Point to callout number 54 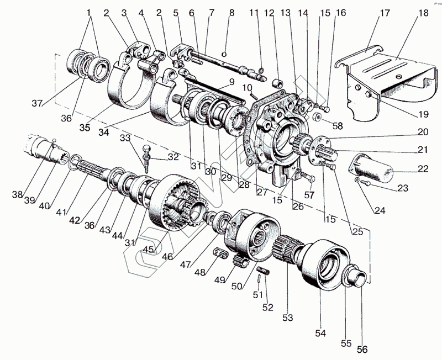(321, 333)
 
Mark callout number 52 (268, 307)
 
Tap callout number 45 (148, 249)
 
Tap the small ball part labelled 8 (223, 54)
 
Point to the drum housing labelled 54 (326, 263)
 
